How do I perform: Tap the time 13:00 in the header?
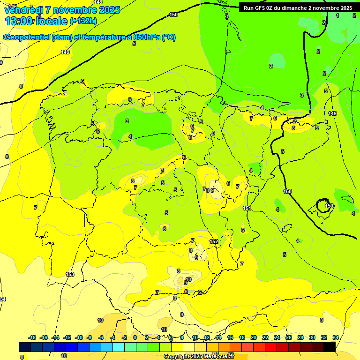point(19,21)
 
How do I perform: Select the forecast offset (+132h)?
point(83,21)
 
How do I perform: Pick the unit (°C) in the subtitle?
point(169,37)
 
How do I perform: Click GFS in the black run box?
point(262,8)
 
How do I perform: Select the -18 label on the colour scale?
point(32,337)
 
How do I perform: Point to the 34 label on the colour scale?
point(336,337)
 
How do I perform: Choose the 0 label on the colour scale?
point(135,337)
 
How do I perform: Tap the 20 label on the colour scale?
point(254,337)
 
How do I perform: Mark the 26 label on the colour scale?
point(289,337)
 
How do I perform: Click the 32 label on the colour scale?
point(324,337)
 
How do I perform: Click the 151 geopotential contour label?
point(247,208)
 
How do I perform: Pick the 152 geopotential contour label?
point(214,241)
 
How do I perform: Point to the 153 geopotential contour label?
point(70,274)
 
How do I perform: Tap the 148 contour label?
point(98,2)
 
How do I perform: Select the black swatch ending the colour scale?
point(330,347)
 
